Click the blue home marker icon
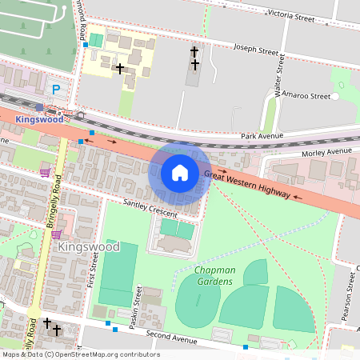point(180,173)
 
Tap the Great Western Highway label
point(247,180)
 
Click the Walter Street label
point(279,76)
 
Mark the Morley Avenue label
point(326,151)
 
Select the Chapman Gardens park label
point(214,276)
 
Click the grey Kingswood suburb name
point(88,247)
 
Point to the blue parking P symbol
point(55,90)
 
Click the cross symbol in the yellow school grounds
point(120,69)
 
